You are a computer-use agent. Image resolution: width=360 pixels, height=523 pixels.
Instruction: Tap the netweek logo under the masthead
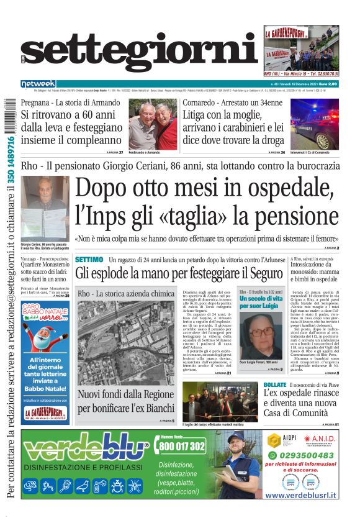[x=38, y=84]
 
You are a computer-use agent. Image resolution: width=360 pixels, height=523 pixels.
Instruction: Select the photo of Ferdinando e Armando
[x=153, y=124]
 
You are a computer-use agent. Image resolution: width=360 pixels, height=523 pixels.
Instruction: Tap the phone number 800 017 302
[x=182, y=447]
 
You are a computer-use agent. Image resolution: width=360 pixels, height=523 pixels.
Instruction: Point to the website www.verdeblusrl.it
[x=301, y=495]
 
